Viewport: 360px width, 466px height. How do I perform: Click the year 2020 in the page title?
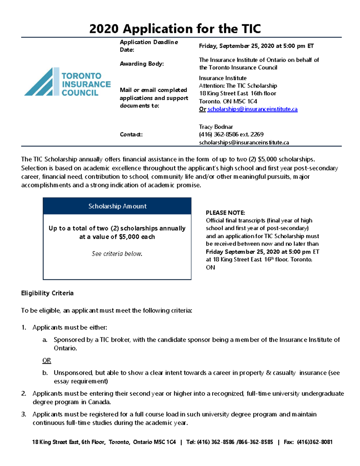pos(104,29)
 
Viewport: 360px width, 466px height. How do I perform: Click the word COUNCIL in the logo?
pos(80,93)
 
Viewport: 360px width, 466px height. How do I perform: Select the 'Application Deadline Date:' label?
pos(148,46)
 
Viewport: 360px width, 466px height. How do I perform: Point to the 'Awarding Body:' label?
pos(142,64)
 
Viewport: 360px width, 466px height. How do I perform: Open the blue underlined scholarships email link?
pos(252,109)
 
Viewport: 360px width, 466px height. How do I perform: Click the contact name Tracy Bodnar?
pos(216,127)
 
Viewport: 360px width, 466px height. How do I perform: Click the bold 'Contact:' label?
pos(131,134)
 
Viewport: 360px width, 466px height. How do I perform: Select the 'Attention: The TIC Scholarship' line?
pos(238,86)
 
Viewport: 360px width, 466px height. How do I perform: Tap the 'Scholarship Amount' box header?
pos(117,206)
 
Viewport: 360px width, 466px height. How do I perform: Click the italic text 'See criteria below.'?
pos(117,254)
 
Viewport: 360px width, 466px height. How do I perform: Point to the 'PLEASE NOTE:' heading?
pos(225,213)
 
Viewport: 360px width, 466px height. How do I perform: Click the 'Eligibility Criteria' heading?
pos(47,293)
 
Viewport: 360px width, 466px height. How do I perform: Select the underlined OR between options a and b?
pos(46,360)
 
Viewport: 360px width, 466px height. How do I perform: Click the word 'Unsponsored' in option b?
pos(73,373)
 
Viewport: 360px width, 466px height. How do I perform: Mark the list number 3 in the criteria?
pos(23,414)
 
